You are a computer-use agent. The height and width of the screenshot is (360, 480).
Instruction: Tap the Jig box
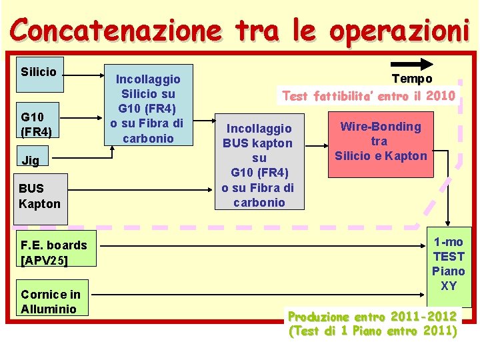point(39,160)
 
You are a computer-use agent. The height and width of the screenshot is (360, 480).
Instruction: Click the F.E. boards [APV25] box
point(54,252)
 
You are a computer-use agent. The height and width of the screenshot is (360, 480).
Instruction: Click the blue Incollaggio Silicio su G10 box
point(147,109)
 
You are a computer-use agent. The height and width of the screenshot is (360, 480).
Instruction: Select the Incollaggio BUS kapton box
point(259,165)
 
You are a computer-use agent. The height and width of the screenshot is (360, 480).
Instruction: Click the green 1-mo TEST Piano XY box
point(449,263)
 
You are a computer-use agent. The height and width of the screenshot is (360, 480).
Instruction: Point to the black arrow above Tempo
point(417,64)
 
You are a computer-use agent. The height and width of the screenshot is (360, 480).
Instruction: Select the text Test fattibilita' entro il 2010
point(369,96)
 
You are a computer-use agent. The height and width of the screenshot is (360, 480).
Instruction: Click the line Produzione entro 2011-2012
point(372,316)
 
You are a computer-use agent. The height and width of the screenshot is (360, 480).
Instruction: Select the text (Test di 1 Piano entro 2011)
point(372,331)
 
